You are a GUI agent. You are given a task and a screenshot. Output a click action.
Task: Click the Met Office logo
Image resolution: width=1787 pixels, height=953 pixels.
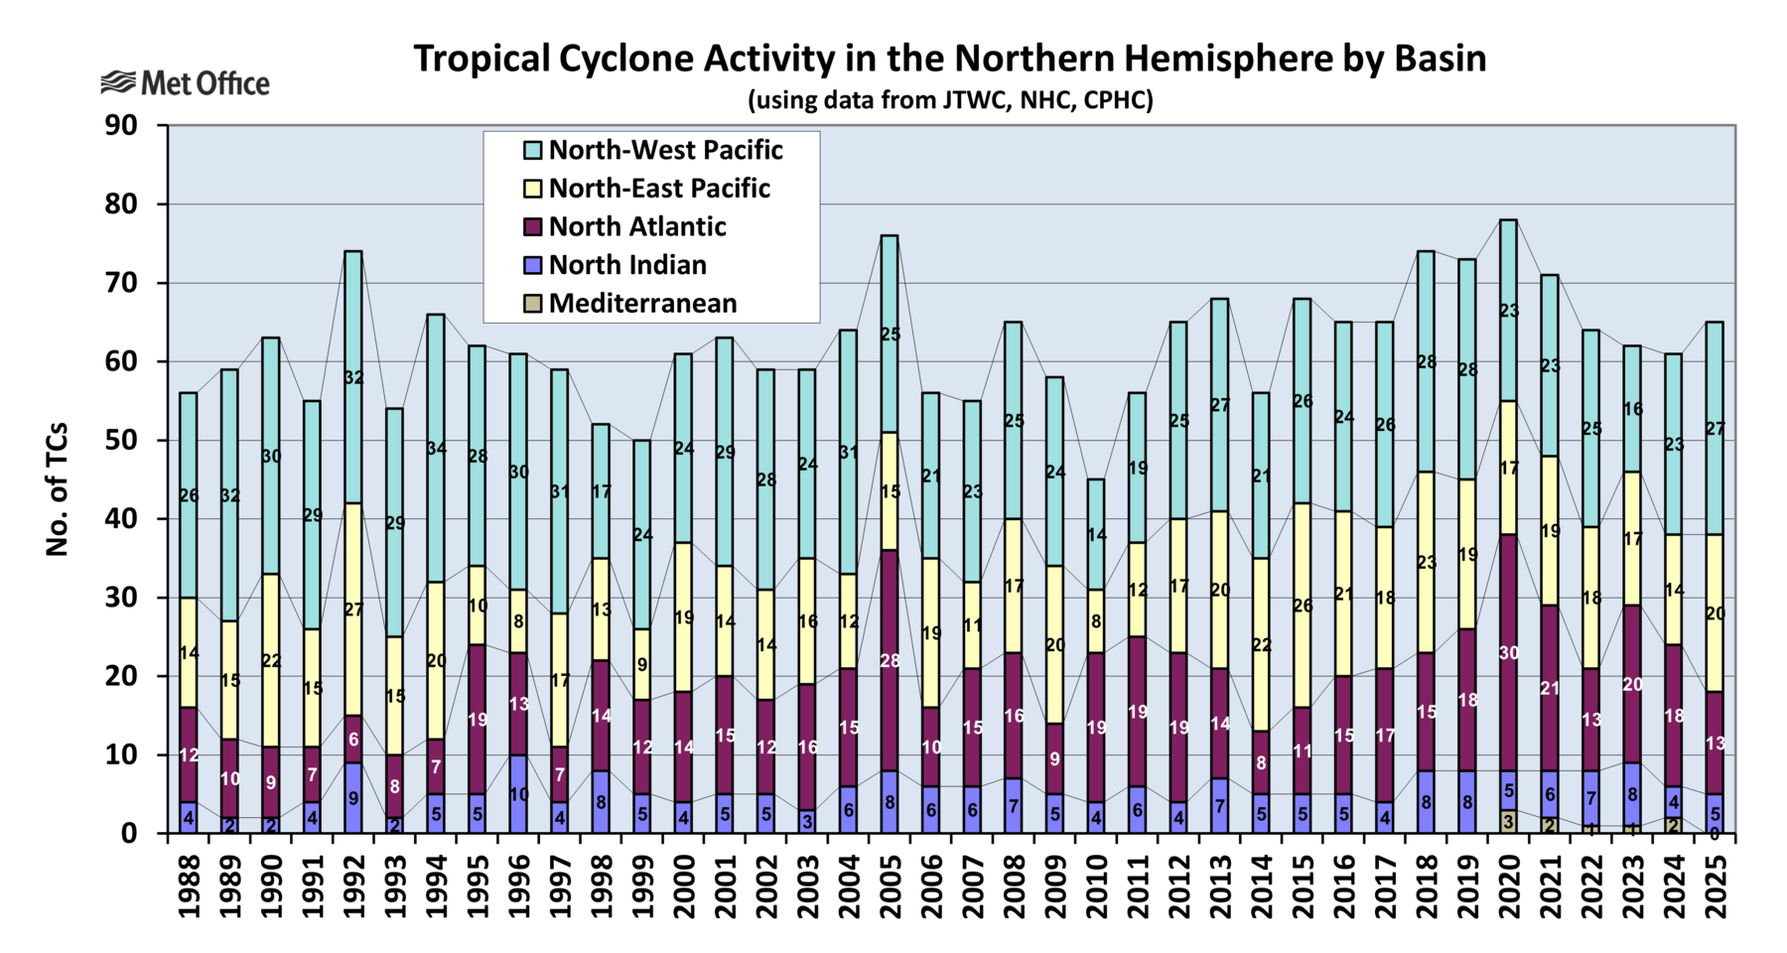click(185, 83)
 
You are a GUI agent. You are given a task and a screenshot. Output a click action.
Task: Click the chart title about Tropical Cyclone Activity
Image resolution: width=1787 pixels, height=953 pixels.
click(949, 59)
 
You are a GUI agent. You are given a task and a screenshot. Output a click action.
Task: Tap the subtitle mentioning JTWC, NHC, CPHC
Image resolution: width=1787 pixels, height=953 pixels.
click(949, 100)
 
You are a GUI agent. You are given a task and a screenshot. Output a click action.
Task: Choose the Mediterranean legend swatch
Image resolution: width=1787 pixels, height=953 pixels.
click(533, 304)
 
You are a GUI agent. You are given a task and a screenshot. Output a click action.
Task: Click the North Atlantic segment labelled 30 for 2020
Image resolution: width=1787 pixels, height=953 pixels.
click(1508, 652)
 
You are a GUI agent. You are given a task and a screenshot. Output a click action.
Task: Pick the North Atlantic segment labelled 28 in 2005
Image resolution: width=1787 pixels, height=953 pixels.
click(890, 660)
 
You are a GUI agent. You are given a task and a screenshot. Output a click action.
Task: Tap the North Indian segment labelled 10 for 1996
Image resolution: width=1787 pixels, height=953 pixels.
click(518, 794)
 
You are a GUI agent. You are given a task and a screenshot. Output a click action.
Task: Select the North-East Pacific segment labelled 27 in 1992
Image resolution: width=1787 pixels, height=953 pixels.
click(353, 610)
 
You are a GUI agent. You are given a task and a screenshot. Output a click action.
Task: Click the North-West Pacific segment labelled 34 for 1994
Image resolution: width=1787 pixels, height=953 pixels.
click(436, 448)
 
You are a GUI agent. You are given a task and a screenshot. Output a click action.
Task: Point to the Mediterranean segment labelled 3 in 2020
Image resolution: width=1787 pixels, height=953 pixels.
click(1508, 821)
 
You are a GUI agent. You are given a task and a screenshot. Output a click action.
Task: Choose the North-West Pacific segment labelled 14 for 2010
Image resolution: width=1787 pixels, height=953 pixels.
click(1096, 535)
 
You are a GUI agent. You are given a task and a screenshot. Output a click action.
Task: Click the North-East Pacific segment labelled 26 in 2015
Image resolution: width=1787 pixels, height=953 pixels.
click(1302, 606)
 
